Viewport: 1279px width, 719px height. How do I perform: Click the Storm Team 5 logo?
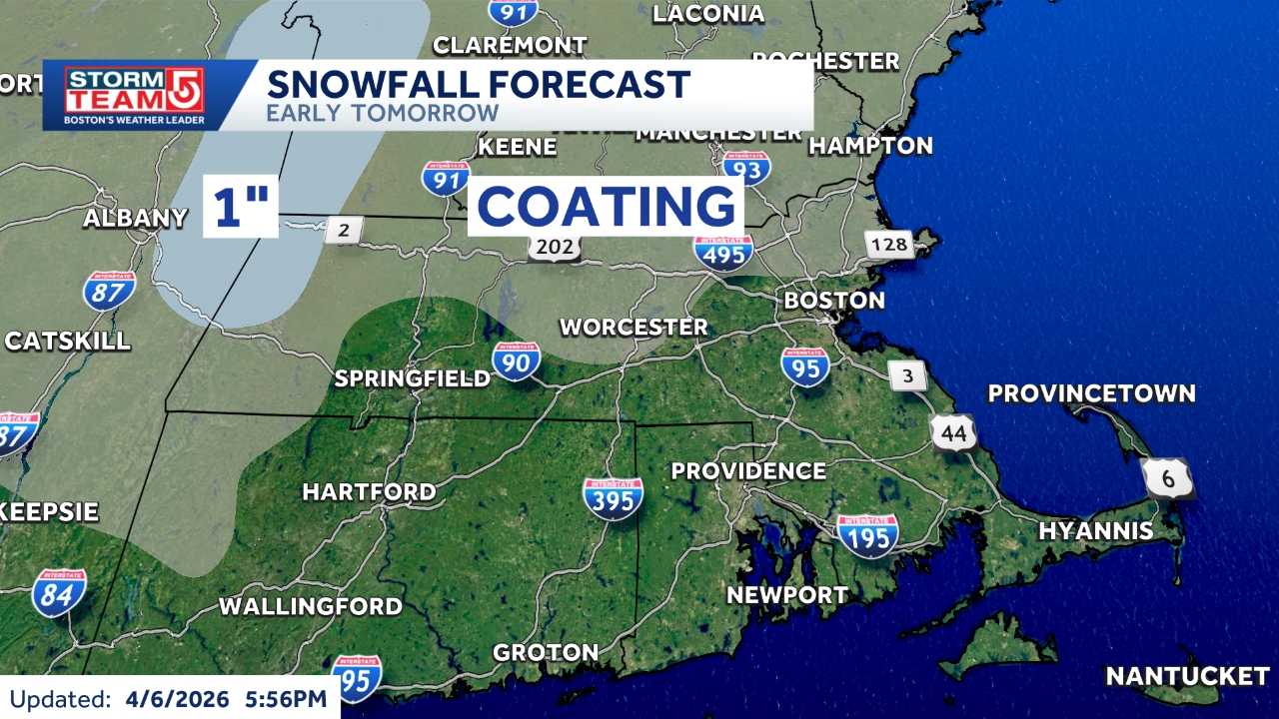[x=134, y=96]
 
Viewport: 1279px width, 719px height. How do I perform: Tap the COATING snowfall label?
[x=606, y=207]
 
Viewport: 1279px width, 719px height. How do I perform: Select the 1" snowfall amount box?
[x=241, y=207]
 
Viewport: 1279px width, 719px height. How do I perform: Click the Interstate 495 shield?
[x=724, y=251]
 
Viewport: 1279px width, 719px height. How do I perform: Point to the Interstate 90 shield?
[x=516, y=361]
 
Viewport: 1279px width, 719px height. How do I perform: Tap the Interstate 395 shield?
[x=614, y=497]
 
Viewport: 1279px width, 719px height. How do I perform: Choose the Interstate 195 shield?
[x=867, y=534]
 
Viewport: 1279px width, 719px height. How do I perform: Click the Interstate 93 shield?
[x=746, y=168]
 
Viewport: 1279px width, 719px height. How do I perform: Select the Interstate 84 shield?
[x=59, y=593]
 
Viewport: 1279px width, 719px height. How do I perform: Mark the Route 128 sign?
[x=888, y=245]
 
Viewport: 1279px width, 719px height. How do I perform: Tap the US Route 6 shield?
[x=1168, y=479]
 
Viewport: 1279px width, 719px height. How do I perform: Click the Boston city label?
[x=833, y=300]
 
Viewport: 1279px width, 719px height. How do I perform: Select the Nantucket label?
[x=1187, y=676]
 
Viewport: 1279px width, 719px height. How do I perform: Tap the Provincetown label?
[x=1091, y=393]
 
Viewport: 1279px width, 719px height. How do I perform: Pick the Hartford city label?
[x=369, y=491]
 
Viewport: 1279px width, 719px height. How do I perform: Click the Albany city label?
[x=135, y=218]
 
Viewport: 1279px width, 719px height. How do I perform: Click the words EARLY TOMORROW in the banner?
[x=382, y=112]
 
